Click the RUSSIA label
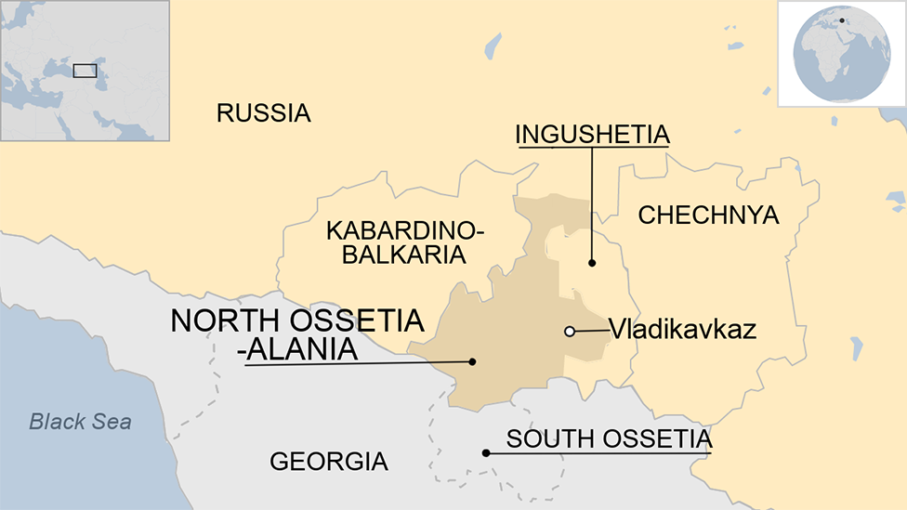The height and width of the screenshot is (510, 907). [x=263, y=113]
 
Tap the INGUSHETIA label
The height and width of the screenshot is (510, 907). [x=592, y=135]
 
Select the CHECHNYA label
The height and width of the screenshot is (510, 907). [x=708, y=216]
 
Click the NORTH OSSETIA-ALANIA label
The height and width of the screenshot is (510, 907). [x=296, y=334]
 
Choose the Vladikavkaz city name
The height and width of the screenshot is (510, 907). [x=682, y=329]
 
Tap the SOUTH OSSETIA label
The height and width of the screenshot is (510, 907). [x=609, y=438]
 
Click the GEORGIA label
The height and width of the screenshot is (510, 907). [x=328, y=461]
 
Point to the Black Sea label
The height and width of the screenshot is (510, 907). [x=80, y=422]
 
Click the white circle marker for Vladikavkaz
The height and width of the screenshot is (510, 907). [x=570, y=331]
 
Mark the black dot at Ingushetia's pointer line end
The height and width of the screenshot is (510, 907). [x=592, y=264]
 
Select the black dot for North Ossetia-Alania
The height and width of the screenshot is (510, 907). [x=473, y=361]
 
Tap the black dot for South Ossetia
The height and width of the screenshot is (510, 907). [x=485, y=453]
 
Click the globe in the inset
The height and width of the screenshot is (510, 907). [x=842, y=54]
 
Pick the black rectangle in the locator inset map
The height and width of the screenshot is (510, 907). [x=85, y=70]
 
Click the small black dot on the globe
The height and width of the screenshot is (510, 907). [x=842, y=20]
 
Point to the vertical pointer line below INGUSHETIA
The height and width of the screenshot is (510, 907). [x=592, y=204]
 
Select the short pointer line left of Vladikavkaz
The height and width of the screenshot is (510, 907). [x=590, y=330]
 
